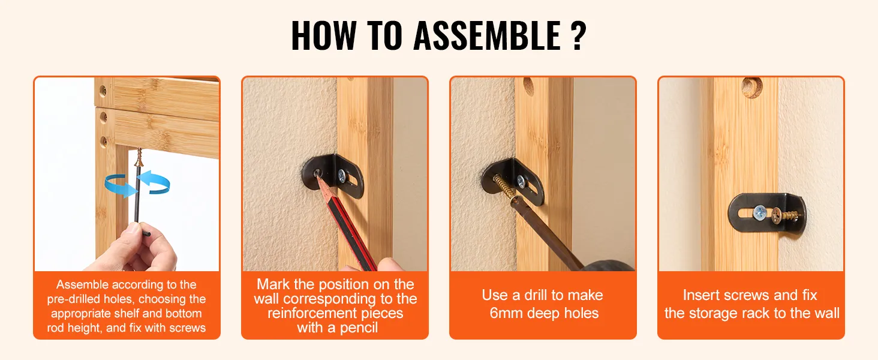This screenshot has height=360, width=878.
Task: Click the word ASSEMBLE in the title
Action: pyautogui.click(x=487, y=35)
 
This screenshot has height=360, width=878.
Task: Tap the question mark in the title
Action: pyautogui.click(x=578, y=35)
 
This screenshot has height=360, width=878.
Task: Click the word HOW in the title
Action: pyautogui.click(x=324, y=35)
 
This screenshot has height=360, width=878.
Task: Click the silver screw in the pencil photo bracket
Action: pyautogui.click(x=342, y=175)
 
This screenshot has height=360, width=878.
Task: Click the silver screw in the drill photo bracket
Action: pyautogui.click(x=521, y=181)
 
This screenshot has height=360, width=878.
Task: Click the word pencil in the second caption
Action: pyautogui.click(x=357, y=328)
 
